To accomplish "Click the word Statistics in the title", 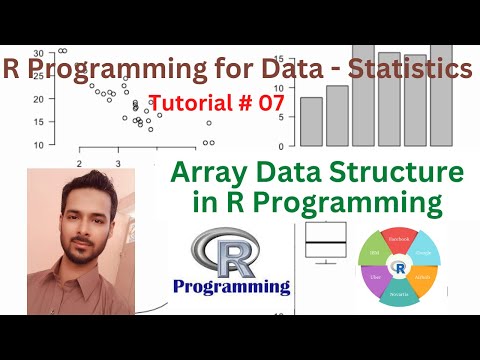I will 404,69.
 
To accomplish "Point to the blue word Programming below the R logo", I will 231,287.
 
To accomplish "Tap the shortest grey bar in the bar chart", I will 311,121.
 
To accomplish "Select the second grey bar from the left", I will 337,115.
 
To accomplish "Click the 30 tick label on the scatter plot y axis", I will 37,53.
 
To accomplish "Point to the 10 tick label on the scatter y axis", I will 37,145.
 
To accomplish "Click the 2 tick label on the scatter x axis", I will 78,162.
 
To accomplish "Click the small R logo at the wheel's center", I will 400,268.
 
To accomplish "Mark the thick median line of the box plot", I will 325,243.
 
